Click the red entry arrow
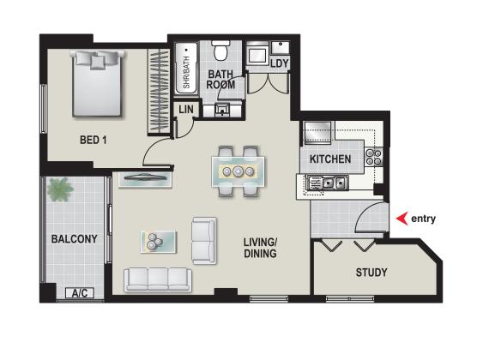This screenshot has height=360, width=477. click(402, 219)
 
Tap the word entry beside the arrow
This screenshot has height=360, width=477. click(423, 219)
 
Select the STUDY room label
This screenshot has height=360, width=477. click(371, 273)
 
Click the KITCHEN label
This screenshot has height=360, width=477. click(330, 159)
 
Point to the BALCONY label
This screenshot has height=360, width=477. click(75, 238)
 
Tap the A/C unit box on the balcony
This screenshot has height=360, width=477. click(80, 293)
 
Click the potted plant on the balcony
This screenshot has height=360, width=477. click(60, 189)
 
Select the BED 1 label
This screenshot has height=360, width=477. click(94, 140)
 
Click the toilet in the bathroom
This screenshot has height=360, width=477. click(220, 51)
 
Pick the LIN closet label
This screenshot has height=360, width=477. click(186, 110)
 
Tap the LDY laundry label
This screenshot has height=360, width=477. click(280, 63)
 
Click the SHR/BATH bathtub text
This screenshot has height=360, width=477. click(186, 72)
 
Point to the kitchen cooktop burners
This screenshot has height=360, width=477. click(374, 157)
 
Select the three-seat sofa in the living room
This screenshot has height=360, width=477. click(158, 279)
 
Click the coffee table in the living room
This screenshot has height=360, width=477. click(158, 242)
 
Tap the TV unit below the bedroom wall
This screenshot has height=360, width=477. click(146, 180)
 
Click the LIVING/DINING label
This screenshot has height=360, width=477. click(260, 248)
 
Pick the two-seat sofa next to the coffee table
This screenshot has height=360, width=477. click(204, 241)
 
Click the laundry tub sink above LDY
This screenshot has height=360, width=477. click(281, 47)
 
